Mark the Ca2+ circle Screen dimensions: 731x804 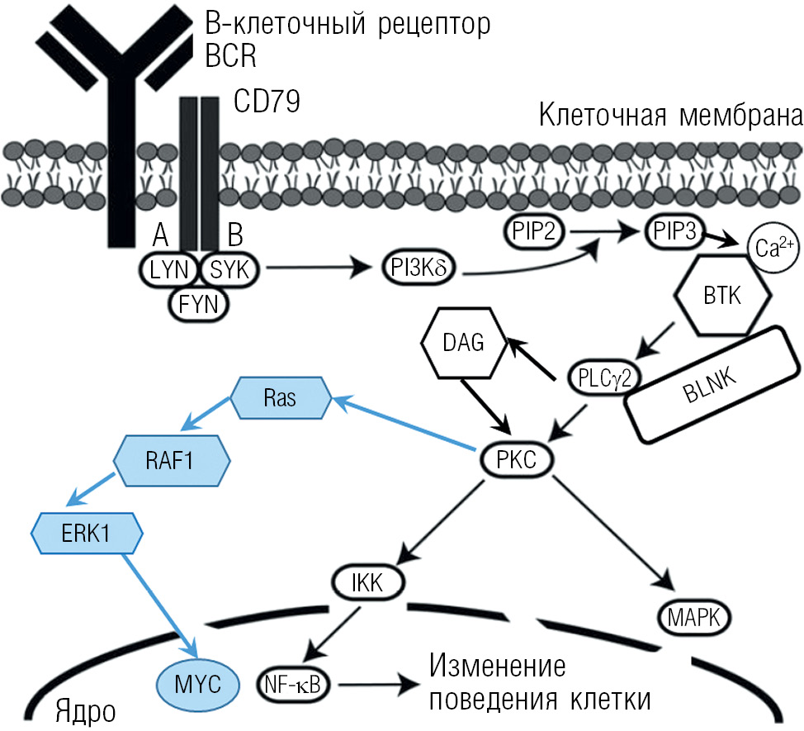[x=772, y=248]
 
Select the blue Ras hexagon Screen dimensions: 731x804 [x=281, y=398]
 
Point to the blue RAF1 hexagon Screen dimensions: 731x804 [x=172, y=459]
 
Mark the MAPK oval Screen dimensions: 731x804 [x=695, y=615]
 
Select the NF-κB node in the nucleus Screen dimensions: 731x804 [x=293, y=684]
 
